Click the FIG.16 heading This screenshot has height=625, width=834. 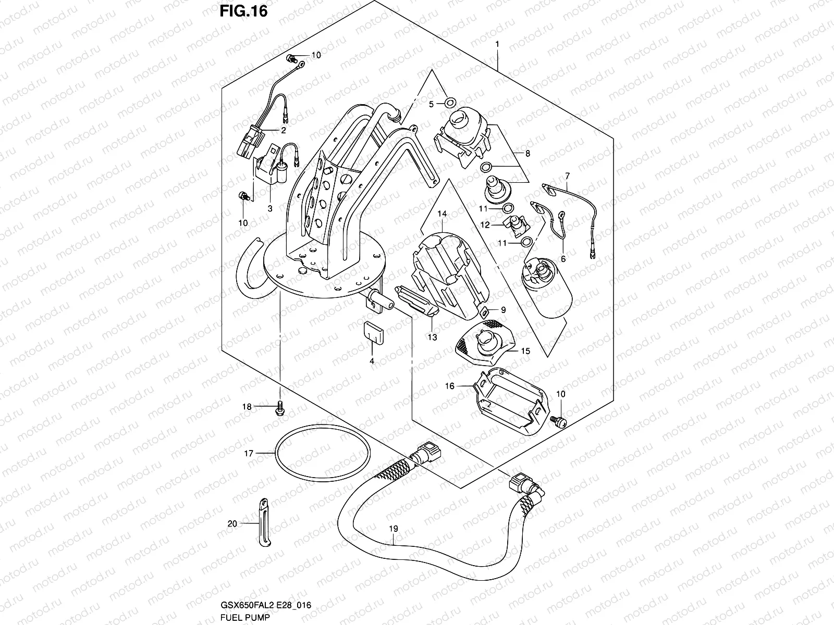243,11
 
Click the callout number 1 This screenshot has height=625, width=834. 497,44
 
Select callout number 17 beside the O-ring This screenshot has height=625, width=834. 249,454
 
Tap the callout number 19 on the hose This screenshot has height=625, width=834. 393,529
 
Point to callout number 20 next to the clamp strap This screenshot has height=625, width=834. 233,523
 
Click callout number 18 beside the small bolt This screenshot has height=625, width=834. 247,407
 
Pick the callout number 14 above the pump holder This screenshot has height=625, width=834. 442,214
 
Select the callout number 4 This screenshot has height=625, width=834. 372,360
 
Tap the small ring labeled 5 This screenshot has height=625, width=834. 451,101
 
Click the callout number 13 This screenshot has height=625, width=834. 432,337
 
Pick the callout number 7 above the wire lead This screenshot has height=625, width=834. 567,176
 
